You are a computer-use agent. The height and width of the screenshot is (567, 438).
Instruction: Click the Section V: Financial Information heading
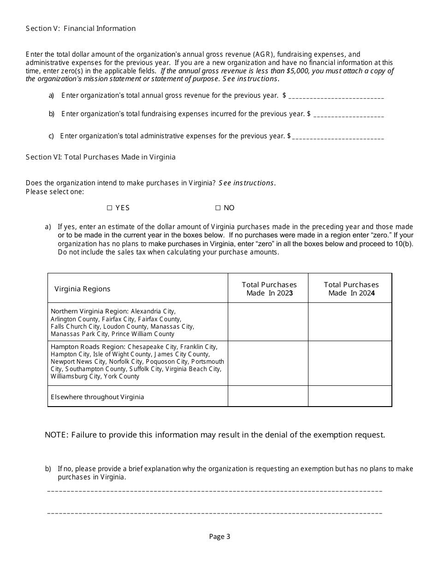[x=81, y=29]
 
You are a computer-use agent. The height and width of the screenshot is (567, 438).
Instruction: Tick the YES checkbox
[x=110, y=208]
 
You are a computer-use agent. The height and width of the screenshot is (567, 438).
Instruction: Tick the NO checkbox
[x=218, y=208]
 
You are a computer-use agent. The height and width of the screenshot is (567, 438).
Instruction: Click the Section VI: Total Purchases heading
[x=101, y=157]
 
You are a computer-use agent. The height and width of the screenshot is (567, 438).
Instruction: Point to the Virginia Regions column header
[x=83, y=289]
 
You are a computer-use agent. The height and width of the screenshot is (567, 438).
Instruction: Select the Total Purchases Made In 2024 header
[x=351, y=289]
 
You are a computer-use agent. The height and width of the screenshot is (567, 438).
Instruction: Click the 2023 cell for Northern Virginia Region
[x=268, y=322]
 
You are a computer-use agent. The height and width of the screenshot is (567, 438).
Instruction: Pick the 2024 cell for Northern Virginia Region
[x=350, y=322]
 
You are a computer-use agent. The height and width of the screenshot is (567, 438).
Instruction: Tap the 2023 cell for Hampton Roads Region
[x=268, y=363]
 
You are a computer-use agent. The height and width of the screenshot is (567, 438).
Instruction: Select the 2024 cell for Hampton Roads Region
[x=350, y=363]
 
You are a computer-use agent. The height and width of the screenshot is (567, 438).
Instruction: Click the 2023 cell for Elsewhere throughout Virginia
[x=268, y=396]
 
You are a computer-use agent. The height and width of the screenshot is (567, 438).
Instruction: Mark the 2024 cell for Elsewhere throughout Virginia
[x=350, y=396]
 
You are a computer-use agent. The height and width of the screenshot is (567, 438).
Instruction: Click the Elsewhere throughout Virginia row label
[x=97, y=397]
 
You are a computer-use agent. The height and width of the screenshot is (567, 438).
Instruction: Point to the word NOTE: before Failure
[x=57, y=435]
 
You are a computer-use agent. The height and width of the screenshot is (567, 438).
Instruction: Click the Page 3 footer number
[x=219, y=536]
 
